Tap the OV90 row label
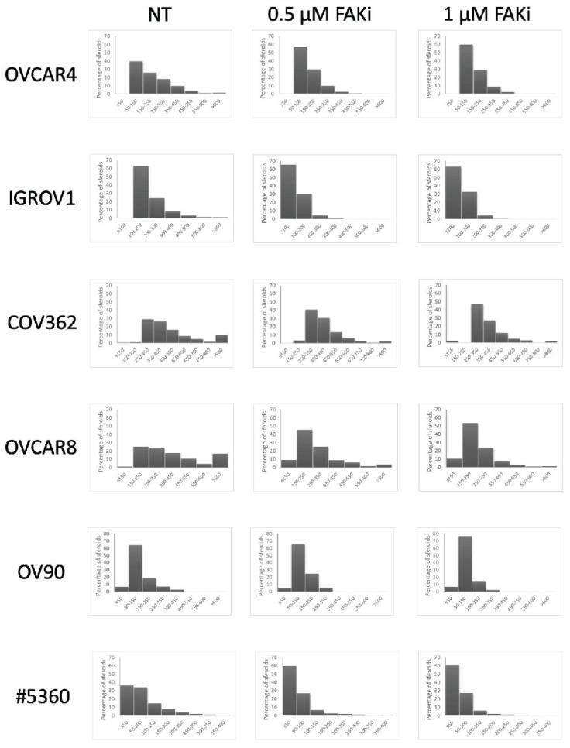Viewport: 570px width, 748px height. point(44,574)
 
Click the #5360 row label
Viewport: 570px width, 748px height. point(44,695)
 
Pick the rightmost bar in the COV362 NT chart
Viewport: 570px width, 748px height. point(221,338)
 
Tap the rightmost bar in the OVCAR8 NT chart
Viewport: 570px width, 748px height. point(220,460)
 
